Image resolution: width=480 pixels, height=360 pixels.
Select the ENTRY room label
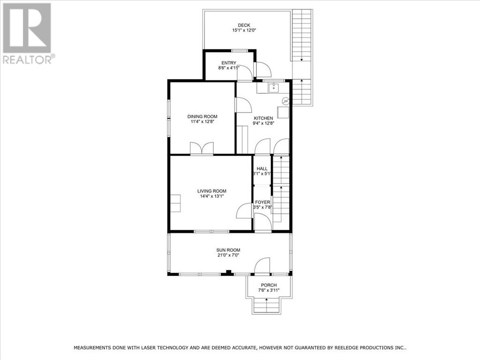[229, 63]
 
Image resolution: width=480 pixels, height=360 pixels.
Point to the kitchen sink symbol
[273, 87]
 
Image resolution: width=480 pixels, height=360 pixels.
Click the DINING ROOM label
[202, 117]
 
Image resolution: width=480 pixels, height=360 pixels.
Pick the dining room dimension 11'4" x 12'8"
[202, 122]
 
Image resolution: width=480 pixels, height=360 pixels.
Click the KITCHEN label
[263, 118]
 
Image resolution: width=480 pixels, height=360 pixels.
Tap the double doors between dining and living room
[202, 149]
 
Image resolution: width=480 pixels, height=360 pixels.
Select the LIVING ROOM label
[211, 191]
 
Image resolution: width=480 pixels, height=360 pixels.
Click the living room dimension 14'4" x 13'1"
[211, 196]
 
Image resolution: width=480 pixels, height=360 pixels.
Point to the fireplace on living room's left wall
[175, 203]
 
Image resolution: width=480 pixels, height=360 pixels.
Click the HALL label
[262, 169]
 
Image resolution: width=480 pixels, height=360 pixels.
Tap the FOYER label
[262, 202]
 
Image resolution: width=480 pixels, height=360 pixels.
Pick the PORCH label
[269, 285]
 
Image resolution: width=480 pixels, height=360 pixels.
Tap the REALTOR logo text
[27, 60]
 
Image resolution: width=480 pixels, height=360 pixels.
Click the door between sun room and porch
[262, 266]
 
